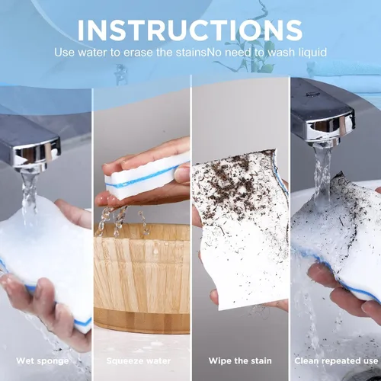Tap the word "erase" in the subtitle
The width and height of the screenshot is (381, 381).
point(138,53)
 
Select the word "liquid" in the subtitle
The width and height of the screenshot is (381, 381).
point(312,52)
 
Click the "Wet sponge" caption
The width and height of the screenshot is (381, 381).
point(43,360)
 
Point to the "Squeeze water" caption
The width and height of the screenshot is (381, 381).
point(139,360)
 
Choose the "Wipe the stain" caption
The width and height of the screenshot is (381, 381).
point(240,360)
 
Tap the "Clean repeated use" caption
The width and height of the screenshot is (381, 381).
point(336,360)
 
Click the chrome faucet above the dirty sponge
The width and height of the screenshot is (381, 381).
point(322,114)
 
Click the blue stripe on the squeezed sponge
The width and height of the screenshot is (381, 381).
point(146,177)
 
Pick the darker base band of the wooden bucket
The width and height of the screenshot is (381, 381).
point(142,322)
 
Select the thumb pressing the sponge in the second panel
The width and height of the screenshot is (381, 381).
point(182,173)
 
